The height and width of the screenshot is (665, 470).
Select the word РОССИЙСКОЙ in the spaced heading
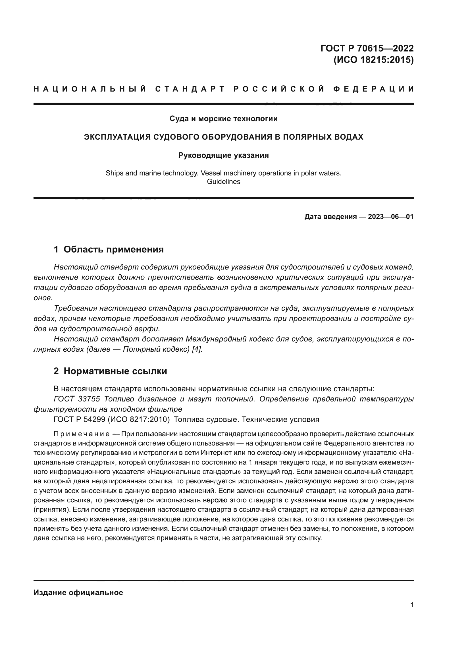pos(279,89)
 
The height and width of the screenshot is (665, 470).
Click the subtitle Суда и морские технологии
pos(223,119)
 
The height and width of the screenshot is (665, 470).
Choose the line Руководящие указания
pos(223,156)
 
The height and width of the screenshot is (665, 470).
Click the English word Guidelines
pos(223,182)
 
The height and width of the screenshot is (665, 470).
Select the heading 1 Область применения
pos(109,249)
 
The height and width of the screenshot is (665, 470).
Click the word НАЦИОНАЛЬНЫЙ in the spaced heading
pos(90,89)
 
